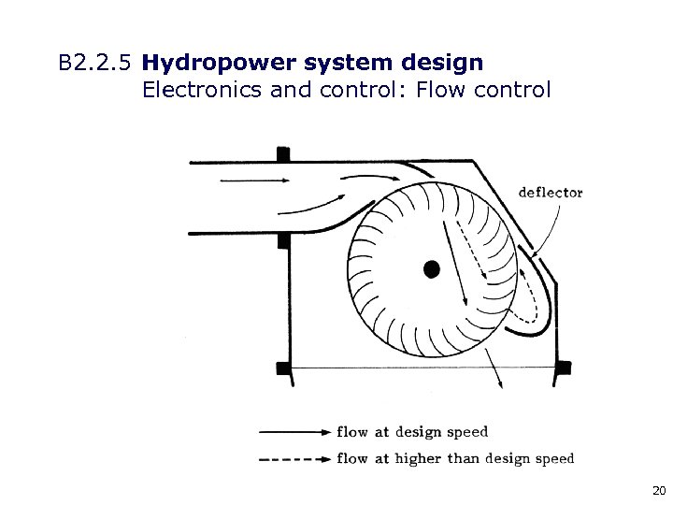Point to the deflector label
click(551, 193)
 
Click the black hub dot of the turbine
click(431, 268)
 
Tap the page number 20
click(658, 490)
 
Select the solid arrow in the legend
click(294, 432)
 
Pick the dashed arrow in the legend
click(294, 458)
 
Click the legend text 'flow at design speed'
click(412, 432)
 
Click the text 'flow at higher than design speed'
click(455, 458)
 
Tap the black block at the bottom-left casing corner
click(284, 368)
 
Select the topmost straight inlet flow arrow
click(253, 178)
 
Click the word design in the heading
click(442, 64)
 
